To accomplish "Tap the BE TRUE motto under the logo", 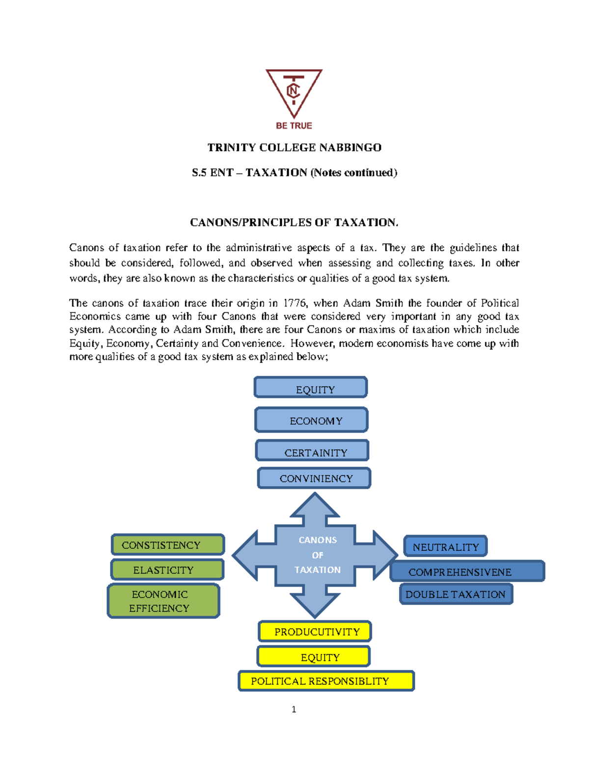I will coord(294,126).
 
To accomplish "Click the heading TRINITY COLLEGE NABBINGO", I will coord(294,147).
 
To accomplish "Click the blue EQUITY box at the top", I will coord(311,388).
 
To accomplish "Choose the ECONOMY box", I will coord(311,420).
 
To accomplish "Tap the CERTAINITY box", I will coord(312,451).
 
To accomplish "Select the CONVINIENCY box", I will coord(314,478).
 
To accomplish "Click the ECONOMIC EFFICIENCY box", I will coord(163,601).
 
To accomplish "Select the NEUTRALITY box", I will coord(445,546).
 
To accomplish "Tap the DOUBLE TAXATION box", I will coord(456,594).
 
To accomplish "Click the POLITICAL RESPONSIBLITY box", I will coord(326,681).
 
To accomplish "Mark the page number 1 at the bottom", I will coord(294,709).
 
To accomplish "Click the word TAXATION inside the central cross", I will coord(318,570).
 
